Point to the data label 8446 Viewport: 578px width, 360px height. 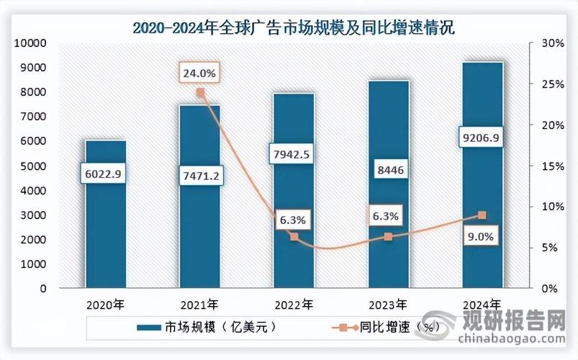tap(387, 171)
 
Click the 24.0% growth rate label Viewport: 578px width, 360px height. tap(198, 73)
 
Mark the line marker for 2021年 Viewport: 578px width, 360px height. tap(200, 93)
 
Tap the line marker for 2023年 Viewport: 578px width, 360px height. tap(388, 237)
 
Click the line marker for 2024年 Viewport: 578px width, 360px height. tap(482, 215)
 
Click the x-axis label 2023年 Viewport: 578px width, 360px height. tap(387, 304)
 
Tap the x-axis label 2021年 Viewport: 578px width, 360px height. tap(199, 304)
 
